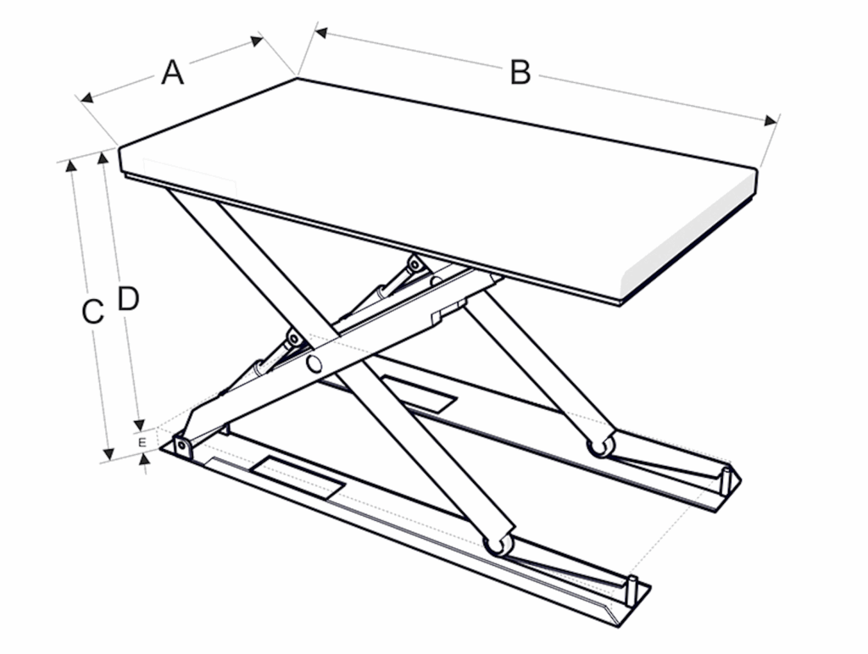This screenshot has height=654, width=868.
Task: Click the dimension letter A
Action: point(172,73)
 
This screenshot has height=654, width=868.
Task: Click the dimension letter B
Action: point(520,73)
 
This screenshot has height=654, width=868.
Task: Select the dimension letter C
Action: point(92,312)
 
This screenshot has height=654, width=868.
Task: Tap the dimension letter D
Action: point(128,299)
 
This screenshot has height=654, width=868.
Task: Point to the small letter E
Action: point(142,443)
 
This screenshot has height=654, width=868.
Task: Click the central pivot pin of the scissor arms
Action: point(314,364)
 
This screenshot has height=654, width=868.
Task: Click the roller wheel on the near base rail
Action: point(498,545)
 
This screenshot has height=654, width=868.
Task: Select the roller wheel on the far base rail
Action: point(601,446)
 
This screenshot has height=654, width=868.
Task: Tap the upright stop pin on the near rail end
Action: point(632,591)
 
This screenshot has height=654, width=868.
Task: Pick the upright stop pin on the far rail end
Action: point(725,481)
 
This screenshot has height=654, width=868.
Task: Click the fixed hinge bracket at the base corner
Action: point(182,446)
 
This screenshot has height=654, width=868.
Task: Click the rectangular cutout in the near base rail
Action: point(298,478)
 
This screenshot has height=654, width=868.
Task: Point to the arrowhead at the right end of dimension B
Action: point(771,121)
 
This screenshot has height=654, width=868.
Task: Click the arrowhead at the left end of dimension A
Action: point(87,98)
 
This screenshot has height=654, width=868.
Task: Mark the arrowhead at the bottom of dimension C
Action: point(108,454)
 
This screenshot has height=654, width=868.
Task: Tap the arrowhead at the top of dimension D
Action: point(103,158)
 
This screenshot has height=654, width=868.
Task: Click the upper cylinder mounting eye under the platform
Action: point(414,264)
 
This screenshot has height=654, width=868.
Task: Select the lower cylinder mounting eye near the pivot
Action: point(294,337)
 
